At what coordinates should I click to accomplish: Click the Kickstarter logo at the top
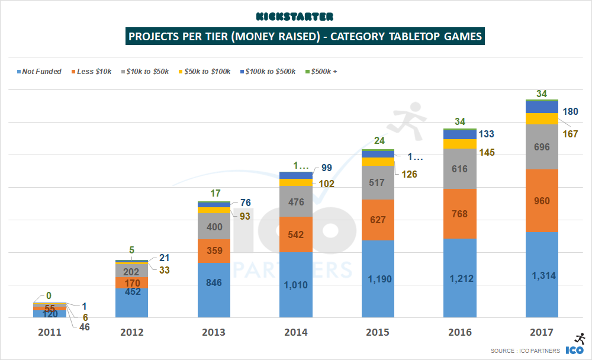[x=295, y=16]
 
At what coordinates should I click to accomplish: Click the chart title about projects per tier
[x=304, y=37]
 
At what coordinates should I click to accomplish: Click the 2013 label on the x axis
[x=214, y=332]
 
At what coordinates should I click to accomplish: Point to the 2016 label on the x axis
[x=460, y=332]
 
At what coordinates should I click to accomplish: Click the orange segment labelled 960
[x=542, y=201]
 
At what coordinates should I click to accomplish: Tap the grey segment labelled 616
[x=460, y=169]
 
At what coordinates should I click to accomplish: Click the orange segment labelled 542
[x=296, y=234]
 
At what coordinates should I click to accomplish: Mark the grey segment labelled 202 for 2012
[x=131, y=270]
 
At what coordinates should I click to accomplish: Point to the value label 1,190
[x=378, y=279]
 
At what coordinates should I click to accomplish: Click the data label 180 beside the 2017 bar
[x=570, y=112]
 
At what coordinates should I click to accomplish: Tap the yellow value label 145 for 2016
[x=488, y=153]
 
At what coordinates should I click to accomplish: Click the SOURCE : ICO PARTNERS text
[x=525, y=351]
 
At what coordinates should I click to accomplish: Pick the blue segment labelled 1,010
[x=296, y=285]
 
